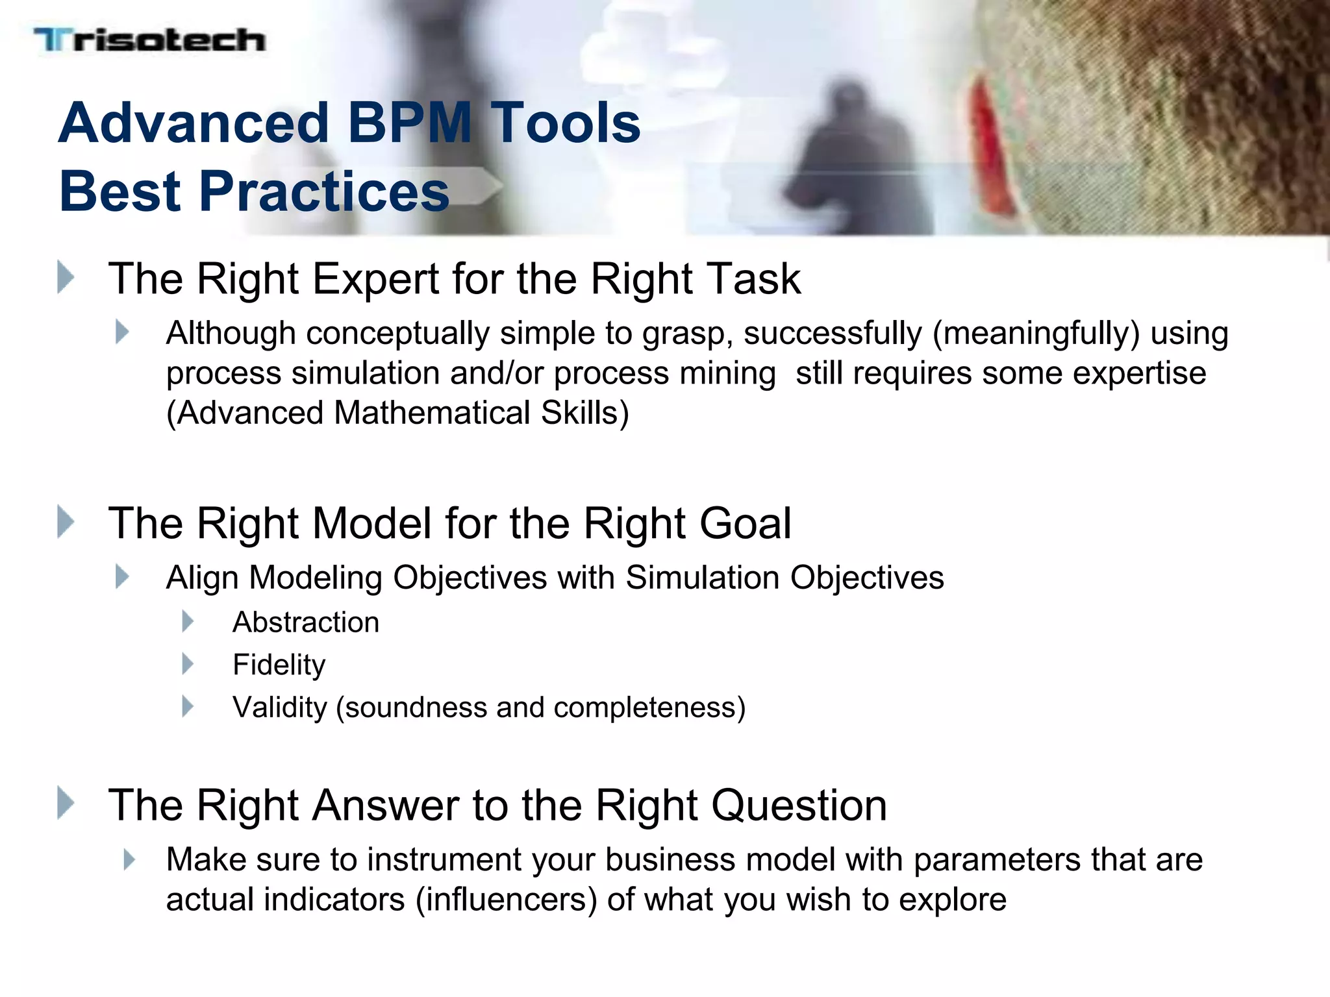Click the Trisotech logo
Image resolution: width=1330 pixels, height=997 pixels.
(x=149, y=40)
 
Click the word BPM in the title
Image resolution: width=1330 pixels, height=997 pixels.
(x=410, y=123)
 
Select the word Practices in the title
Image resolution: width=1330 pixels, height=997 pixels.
(x=325, y=191)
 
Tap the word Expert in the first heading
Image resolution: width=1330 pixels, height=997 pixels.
(x=376, y=279)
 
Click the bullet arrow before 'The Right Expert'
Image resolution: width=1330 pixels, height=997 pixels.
(x=66, y=277)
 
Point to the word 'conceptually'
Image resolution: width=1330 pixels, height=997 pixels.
(x=397, y=334)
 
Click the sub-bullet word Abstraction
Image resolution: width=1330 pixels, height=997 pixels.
(x=306, y=622)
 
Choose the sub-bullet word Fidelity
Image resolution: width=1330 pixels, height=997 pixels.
(x=279, y=665)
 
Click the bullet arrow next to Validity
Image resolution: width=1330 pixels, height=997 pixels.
(x=188, y=706)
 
